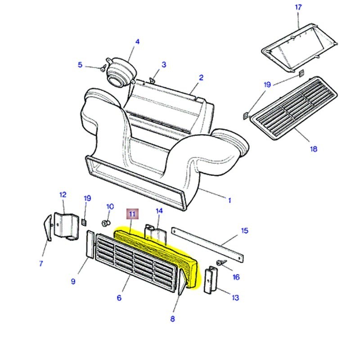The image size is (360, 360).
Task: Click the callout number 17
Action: pyautogui.click(x=298, y=7)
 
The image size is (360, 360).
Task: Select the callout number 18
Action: pyautogui.click(x=314, y=148)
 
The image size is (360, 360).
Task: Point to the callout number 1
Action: pyautogui.click(x=229, y=200)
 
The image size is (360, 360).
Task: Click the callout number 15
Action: pyautogui.click(x=244, y=231)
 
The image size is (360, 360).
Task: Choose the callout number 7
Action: pyautogui.click(x=40, y=264)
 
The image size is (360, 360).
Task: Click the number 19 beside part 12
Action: pyautogui.click(x=87, y=198)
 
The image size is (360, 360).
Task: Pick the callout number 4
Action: pyautogui.click(x=137, y=42)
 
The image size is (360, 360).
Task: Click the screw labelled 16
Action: pyautogui.click(x=220, y=263)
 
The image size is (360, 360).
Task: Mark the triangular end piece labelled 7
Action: pyautogui.click(x=47, y=228)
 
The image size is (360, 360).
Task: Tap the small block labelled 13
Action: pyautogui.click(x=210, y=280)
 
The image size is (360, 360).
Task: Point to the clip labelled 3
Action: pyautogui.click(x=152, y=80)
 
